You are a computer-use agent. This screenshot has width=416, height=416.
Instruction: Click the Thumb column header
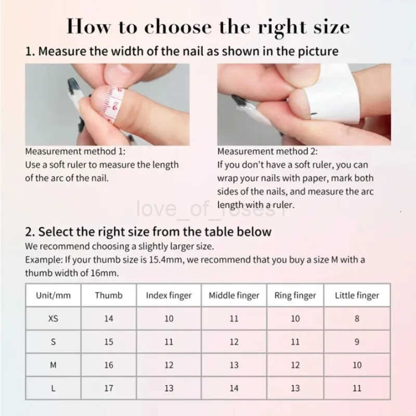(109, 295)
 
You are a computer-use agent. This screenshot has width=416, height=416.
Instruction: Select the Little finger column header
(357, 295)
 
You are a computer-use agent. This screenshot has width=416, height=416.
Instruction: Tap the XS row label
(53, 318)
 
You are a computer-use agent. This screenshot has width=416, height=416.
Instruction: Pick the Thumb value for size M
(109, 365)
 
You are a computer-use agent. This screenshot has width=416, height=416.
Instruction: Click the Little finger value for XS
(357, 318)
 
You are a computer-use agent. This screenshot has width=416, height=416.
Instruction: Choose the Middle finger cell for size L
(234, 388)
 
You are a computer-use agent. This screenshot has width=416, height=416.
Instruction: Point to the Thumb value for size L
(109, 388)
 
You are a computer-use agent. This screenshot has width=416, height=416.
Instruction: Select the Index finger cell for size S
(169, 342)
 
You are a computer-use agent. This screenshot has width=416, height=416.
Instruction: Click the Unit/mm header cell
(53, 295)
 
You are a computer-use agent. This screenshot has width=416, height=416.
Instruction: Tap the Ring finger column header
(295, 295)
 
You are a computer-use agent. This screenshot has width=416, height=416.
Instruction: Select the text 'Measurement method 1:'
(75, 151)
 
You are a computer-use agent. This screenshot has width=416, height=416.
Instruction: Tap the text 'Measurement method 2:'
(267, 151)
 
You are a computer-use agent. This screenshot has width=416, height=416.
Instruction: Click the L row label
(53, 388)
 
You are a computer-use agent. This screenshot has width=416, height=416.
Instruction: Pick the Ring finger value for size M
(295, 365)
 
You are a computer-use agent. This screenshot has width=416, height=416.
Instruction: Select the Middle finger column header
(234, 295)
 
